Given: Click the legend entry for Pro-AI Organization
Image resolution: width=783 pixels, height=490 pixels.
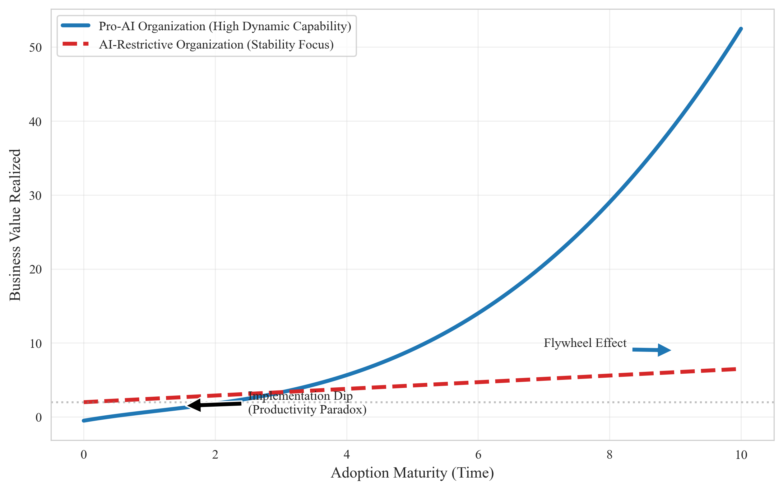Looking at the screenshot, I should pos(225,26).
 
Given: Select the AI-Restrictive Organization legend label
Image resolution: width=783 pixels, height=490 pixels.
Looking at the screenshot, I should pos(216,44).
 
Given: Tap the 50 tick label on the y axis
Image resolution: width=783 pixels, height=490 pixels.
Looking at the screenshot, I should pos(35,48).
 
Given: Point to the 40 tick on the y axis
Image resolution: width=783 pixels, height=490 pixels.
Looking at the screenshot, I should pos(35,122).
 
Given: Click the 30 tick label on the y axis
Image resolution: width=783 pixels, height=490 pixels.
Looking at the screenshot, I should pos(35,196).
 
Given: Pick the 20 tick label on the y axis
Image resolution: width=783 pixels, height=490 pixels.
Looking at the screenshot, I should pos(35,269).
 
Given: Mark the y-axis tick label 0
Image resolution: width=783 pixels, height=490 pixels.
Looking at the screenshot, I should pos(39,418).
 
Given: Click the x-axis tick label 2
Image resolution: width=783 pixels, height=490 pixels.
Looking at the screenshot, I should pos(215,455).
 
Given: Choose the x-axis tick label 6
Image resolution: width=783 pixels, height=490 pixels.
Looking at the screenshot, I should pos(478,455).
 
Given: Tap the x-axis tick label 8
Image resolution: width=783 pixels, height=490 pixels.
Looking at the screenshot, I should pos(609,455).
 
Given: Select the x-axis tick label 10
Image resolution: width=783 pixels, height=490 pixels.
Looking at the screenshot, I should pos(741,455).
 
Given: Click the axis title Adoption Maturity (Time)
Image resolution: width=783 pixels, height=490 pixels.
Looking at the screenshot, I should pos(412,473).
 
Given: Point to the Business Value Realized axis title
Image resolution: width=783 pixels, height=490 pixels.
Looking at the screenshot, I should pos(15,225).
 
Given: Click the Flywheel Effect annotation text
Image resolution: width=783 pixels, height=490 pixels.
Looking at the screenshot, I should pos(585,343).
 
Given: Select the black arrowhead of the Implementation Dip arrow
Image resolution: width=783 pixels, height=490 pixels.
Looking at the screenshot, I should pos(194,405).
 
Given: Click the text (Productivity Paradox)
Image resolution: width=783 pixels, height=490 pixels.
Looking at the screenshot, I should pos(307,410).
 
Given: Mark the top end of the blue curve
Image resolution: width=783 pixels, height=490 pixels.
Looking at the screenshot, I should pos(741,29).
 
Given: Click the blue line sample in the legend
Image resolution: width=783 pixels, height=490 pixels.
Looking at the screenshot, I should pos(76,26).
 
